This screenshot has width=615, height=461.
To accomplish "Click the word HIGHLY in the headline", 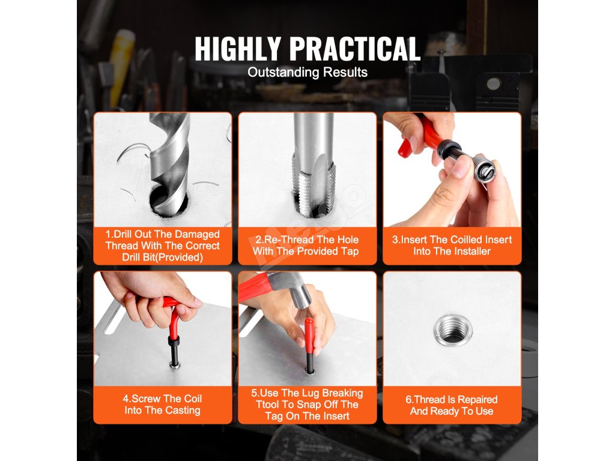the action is point(238,49).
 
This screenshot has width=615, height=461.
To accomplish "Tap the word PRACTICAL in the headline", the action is point(355,49).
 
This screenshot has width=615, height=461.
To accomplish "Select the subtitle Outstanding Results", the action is point(307,72).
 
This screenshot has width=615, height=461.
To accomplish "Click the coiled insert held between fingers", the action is point(484,169).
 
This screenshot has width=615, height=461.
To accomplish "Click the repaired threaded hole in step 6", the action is point(453,330).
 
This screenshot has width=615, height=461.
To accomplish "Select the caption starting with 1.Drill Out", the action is point(162,246).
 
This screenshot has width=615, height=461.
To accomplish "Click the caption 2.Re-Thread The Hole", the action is point(306,246).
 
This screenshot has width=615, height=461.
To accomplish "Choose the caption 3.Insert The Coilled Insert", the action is point(452,246).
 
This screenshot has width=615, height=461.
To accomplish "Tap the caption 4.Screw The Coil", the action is point(162,405).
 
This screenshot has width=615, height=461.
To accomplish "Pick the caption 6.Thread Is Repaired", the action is point(452,405).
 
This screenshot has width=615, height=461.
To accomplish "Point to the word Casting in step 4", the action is point(183,411).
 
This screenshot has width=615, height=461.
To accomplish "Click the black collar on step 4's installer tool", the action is point(174,340).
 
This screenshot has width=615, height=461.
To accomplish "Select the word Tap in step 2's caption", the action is point(350,252).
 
